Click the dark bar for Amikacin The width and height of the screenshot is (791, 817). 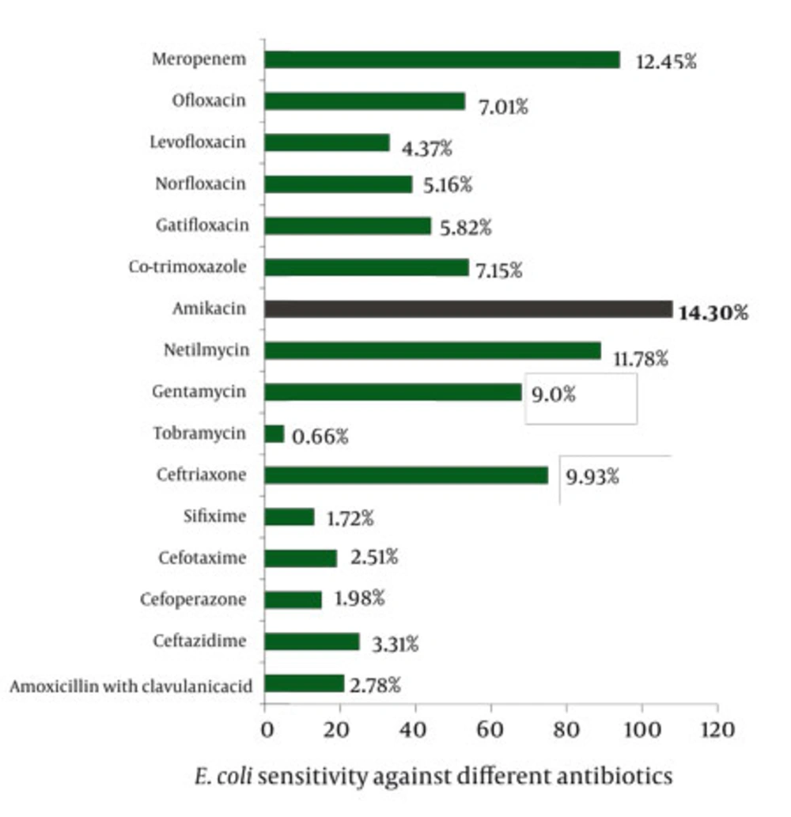point(468,308)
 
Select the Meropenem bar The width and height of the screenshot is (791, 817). point(442,60)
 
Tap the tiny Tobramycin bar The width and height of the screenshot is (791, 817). point(274,433)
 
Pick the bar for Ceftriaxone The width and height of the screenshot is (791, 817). point(407,475)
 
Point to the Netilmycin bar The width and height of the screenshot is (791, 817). point(433,350)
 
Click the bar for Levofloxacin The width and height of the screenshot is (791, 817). point(327,142)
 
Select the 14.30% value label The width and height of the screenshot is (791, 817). point(712,313)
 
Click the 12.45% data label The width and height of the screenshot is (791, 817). point(666,62)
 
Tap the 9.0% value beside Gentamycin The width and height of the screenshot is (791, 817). point(553,394)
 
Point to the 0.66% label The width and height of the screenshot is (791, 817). point(320,436)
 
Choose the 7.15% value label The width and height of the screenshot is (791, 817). point(498,270)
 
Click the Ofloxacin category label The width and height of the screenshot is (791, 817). point(209,100)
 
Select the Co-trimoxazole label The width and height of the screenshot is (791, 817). point(187,267)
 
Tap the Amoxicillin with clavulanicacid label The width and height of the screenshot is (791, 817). point(131,686)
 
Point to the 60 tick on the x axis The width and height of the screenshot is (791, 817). point(490,728)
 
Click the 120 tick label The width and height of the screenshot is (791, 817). point(716,728)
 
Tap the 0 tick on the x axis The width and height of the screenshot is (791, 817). point(266,728)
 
